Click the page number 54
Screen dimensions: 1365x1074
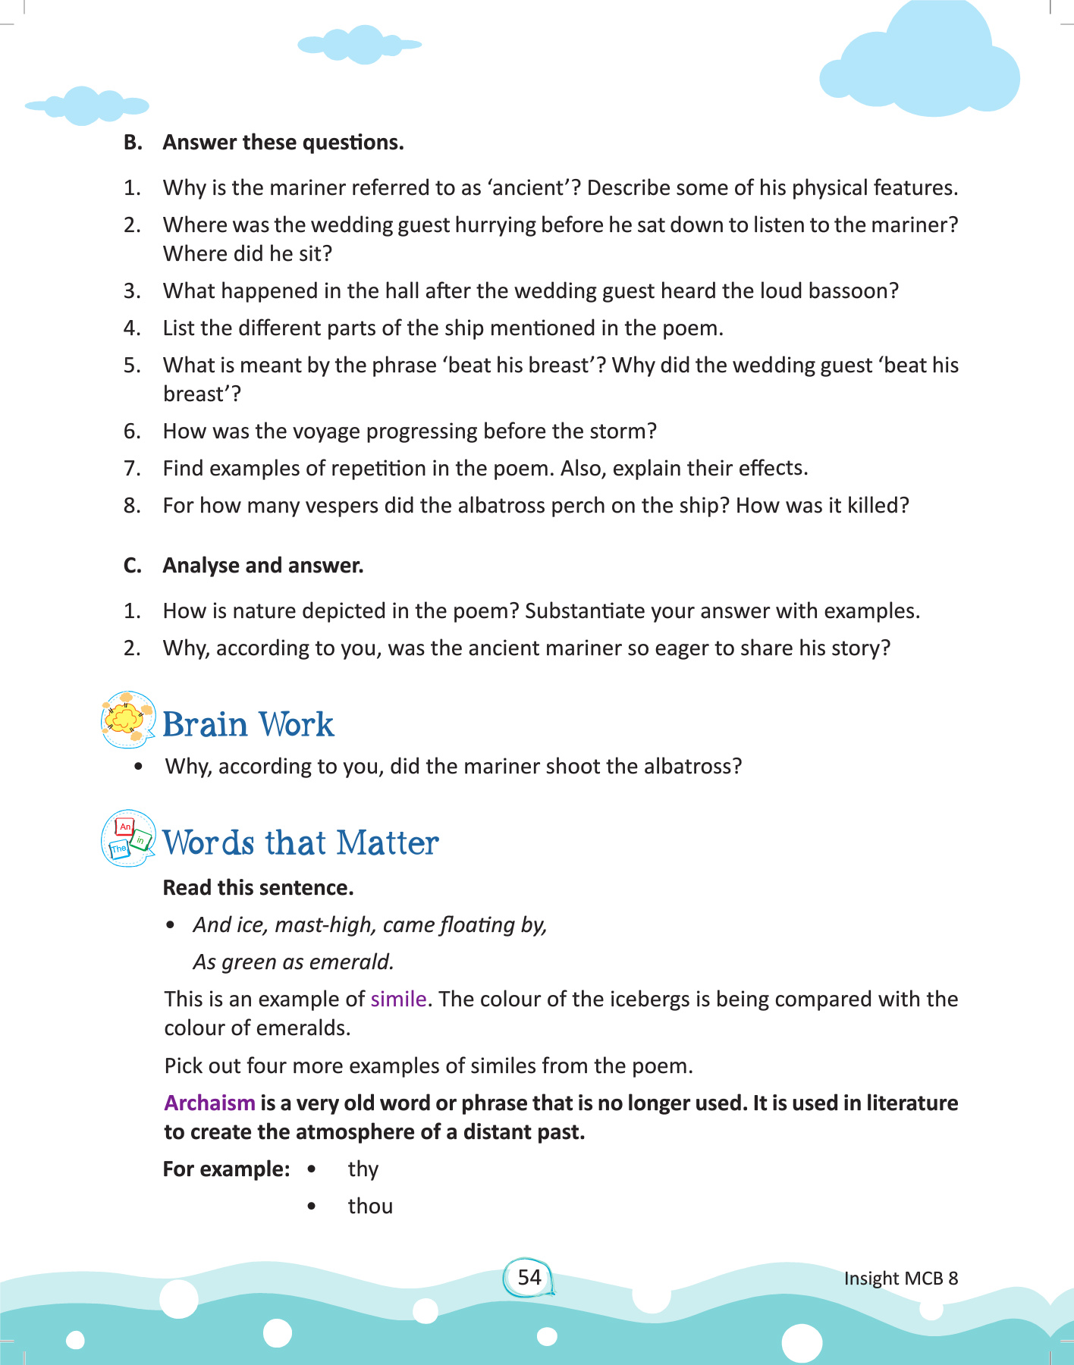tap(529, 1277)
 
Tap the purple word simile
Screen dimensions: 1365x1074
tap(398, 999)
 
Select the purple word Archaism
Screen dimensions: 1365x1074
tap(209, 1103)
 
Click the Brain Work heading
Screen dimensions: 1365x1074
tap(248, 724)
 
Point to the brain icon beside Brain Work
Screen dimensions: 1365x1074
tap(127, 719)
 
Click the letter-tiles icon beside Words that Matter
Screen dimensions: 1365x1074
tap(128, 838)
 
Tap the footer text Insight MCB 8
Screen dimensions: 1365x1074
tap(900, 1278)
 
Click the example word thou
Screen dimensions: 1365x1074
tap(370, 1206)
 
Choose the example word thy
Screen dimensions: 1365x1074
tap(363, 1169)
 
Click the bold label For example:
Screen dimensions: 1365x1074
tap(226, 1169)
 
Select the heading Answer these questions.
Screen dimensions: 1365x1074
tap(283, 142)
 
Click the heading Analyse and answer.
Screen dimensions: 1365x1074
tap(262, 565)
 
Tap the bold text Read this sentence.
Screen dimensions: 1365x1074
tap(258, 887)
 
